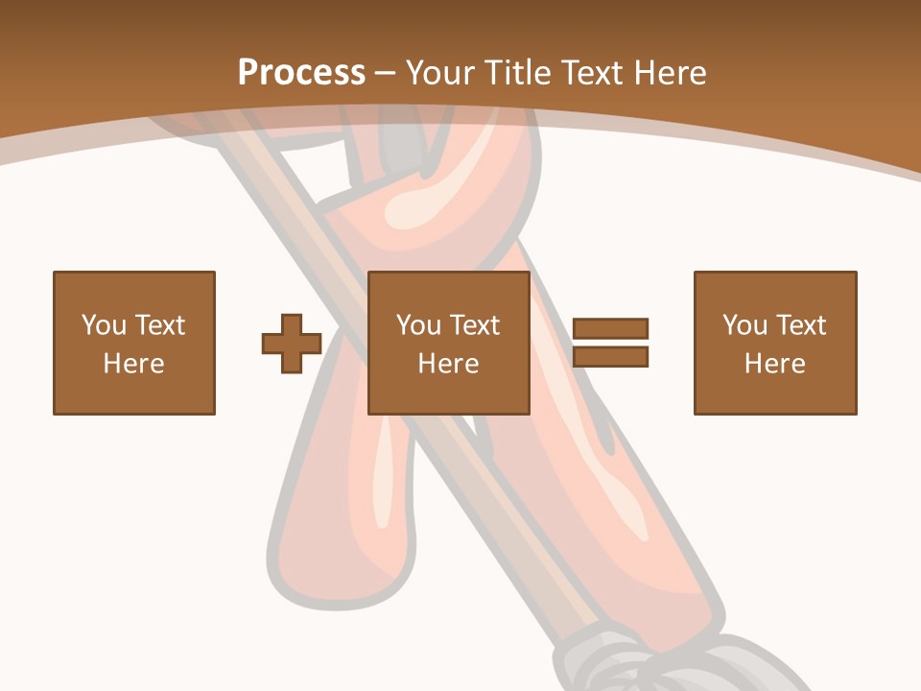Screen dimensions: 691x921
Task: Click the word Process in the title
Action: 301,73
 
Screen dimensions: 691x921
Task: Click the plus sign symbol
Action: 292,344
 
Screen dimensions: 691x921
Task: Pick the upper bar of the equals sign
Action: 610,328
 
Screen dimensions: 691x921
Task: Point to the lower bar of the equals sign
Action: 610,356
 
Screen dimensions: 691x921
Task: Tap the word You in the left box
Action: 105,325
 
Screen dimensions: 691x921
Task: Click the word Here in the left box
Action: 134,364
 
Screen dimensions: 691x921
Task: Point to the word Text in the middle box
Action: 475,325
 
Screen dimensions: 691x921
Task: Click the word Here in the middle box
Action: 449,364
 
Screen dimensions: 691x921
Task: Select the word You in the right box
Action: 745,325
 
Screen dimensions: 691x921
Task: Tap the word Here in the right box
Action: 775,364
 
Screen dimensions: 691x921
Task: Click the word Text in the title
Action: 590,73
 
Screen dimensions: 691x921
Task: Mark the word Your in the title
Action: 440,73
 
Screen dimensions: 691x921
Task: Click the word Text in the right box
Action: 801,325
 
